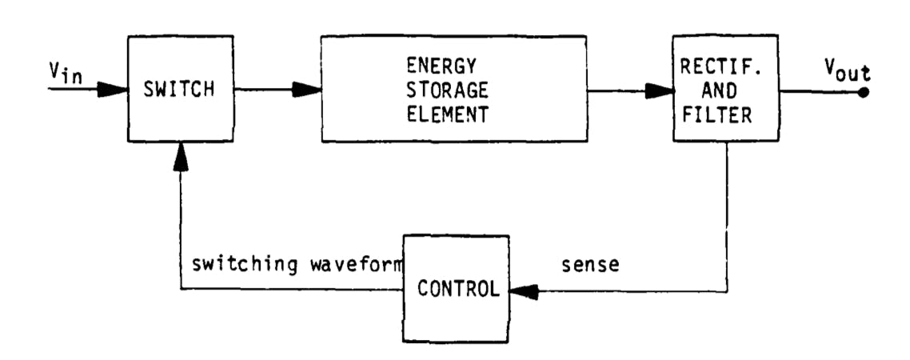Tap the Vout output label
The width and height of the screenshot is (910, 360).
coord(847,73)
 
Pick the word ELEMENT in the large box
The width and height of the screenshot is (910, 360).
coord(453,114)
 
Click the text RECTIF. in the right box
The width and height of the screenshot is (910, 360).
coord(725,65)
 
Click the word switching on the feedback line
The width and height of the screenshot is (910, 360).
coord(238,265)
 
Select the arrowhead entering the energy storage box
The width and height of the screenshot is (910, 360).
coord(307,90)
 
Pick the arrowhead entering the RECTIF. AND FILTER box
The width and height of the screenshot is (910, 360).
coord(658,90)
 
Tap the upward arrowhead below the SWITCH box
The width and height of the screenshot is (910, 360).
coord(181,157)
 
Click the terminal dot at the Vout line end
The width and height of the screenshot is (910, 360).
coord(864,90)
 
